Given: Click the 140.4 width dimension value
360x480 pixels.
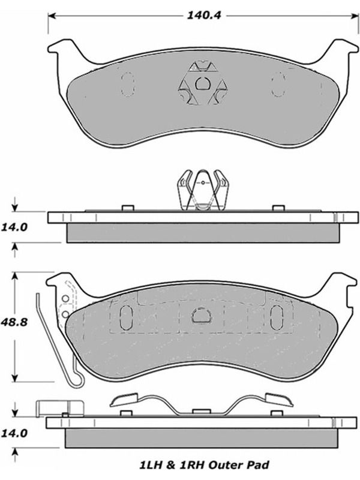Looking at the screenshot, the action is click(x=204, y=16).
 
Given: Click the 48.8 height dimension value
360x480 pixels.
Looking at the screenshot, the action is click(x=14, y=322).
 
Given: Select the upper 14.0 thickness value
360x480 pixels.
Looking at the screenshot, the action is click(x=14, y=227).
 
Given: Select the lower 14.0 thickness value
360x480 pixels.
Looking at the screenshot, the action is click(x=14, y=433).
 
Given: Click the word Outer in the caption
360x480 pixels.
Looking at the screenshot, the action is click(x=227, y=466).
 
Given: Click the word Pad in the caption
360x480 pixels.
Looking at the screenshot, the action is click(x=259, y=466).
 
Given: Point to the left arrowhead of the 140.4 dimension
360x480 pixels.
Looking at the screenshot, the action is click(x=52, y=16).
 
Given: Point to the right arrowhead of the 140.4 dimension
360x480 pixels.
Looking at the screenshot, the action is click(x=355, y=16).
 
